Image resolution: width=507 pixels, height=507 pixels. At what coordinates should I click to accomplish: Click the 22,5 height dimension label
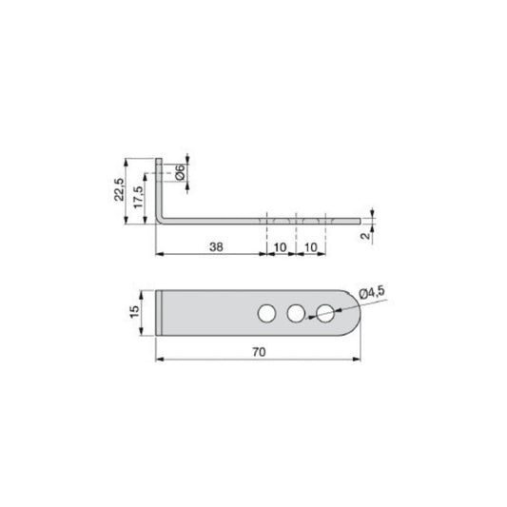point(118,190)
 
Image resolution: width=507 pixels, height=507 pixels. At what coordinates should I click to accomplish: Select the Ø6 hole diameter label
point(179,172)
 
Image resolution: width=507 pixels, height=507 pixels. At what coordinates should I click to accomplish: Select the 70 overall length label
point(258,352)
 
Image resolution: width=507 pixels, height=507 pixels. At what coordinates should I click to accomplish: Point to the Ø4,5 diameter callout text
point(373,293)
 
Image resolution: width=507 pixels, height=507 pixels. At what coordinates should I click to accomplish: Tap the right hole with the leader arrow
point(326,312)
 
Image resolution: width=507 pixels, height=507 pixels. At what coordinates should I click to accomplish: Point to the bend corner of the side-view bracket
point(162,220)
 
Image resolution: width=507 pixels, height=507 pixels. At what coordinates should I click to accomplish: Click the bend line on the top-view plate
point(167,312)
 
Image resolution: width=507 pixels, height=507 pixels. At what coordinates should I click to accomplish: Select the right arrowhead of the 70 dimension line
point(359,360)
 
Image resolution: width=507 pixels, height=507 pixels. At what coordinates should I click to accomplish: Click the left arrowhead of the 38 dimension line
point(159,253)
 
